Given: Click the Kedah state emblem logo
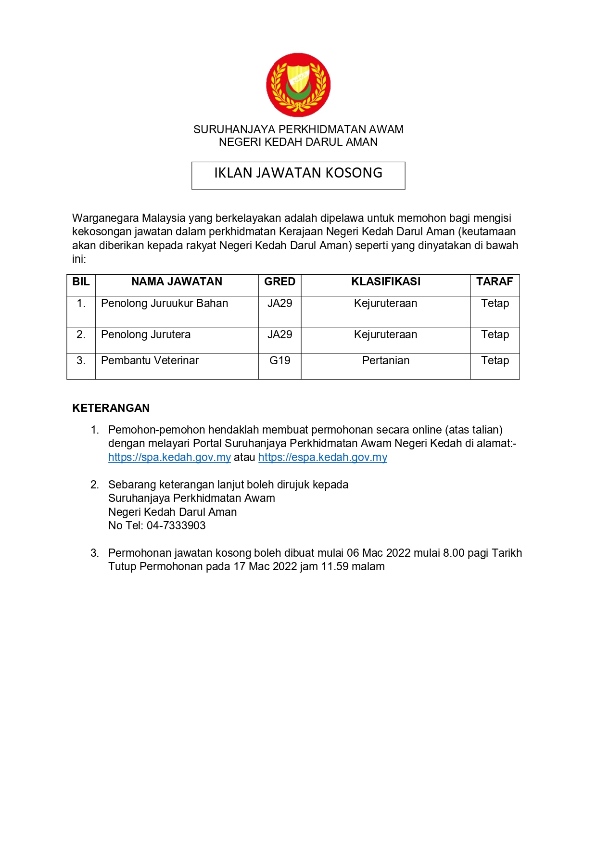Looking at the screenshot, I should click(x=298, y=85).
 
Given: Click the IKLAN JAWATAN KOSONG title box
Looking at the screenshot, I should click(x=298, y=175).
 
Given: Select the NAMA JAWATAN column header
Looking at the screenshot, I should click(x=177, y=282).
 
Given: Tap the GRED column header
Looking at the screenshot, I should click(x=279, y=282).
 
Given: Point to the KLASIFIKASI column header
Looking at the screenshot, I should click(x=385, y=282).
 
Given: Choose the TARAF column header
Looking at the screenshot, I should click(x=495, y=282).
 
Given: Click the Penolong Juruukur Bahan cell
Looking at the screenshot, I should click(x=165, y=304).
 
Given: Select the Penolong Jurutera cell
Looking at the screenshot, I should click(x=146, y=335).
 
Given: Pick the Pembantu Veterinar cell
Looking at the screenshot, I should click(x=150, y=361).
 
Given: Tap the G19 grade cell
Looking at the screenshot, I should click(x=279, y=361).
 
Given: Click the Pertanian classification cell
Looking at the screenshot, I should click(x=385, y=361).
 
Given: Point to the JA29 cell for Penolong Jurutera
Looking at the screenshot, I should click(x=279, y=335).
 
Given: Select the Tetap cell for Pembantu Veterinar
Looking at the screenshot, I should click(x=495, y=361).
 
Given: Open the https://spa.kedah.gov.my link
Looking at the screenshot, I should click(x=169, y=458).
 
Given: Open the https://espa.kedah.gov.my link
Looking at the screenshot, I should click(x=322, y=458).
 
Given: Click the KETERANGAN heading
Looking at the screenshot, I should click(x=111, y=408).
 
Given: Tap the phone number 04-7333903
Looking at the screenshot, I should click(x=176, y=526).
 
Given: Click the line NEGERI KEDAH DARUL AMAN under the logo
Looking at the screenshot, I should click(x=298, y=142).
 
